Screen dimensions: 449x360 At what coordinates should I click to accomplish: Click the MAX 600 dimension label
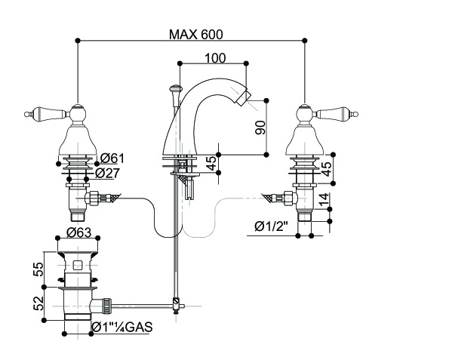pyautogui.click(x=195, y=35)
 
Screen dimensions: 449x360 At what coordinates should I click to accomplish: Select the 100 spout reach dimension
pyautogui.click(x=215, y=58)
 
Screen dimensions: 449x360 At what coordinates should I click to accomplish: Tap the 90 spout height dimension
pyautogui.click(x=260, y=128)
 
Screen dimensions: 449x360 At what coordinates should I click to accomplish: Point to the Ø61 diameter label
pyautogui.click(x=112, y=158)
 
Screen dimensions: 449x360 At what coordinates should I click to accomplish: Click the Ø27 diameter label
pyautogui.click(x=107, y=173)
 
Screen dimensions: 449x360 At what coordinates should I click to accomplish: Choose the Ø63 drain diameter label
pyautogui.click(x=78, y=232)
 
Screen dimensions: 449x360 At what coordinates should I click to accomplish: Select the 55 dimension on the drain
pyautogui.click(x=38, y=269)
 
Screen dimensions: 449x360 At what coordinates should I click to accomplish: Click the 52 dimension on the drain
pyautogui.click(x=38, y=303)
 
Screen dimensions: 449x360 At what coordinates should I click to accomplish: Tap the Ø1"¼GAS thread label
pyautogui.click(x=122, y=327)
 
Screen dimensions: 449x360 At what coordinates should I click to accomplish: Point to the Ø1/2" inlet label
pyautogui.click(x=271, y=226)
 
